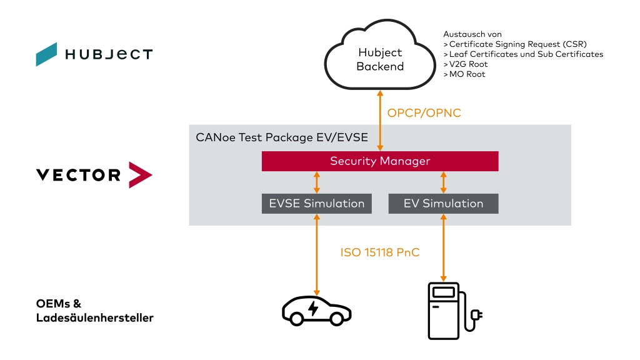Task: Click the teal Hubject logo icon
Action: tap(46, 54)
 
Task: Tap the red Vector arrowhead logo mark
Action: tap(139, 174)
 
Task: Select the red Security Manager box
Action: tap(380, 161)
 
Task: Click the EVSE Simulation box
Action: tap(317, 203)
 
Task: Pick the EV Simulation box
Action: tap(443, 203)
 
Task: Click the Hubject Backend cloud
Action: tap(380, 59)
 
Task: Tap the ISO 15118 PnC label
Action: tap(380, 252)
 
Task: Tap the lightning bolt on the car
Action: tap(312, 307)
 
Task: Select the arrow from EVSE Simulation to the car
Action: tap(317, 254)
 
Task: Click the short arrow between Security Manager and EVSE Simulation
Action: tap(317, 182)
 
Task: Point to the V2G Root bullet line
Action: tap(466, 64)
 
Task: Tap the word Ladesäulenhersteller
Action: tap(94, 318)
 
